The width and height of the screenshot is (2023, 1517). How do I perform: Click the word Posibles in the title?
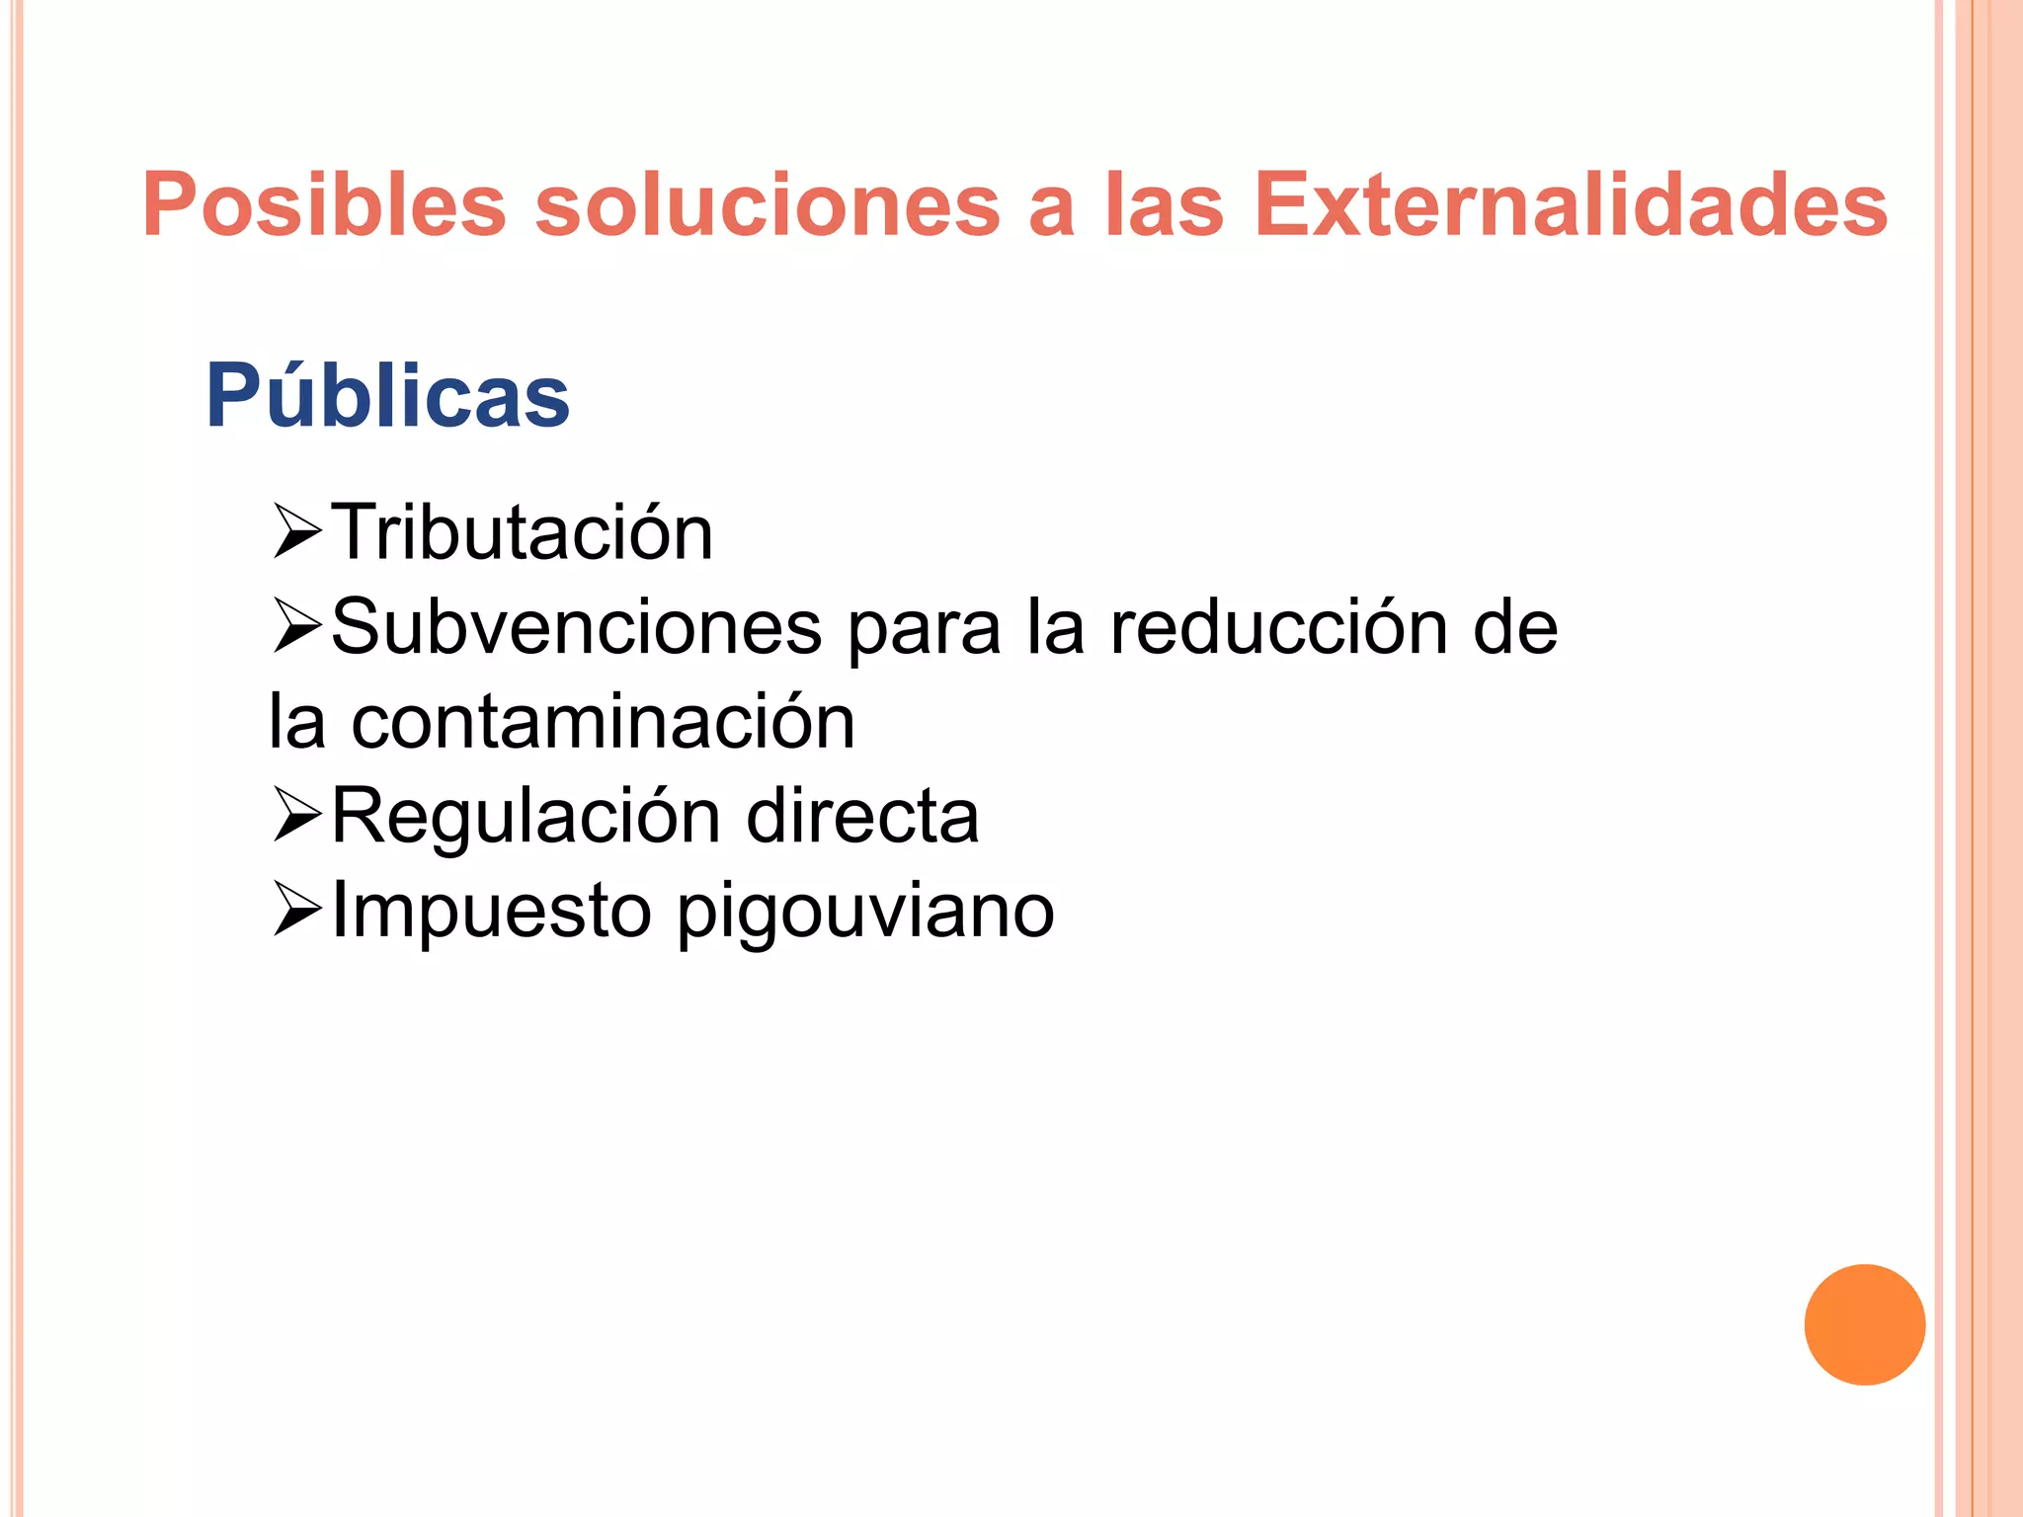pos(324,204)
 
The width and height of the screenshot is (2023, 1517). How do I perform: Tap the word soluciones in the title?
pos(768,204)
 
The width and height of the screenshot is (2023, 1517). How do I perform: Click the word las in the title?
pos(1165,204)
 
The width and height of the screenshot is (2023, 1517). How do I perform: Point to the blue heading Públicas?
pos(387,396)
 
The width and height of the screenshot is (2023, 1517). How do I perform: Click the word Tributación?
pos(522,532)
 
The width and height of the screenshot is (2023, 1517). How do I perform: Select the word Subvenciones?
pos(576,627)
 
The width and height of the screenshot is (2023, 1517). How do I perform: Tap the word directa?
pos(862,817)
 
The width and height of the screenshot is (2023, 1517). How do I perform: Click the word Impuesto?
pos(491,912)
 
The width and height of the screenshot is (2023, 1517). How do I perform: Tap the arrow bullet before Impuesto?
pos(296,910)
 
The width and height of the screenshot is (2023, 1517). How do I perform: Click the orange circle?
pos(1864,1324)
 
